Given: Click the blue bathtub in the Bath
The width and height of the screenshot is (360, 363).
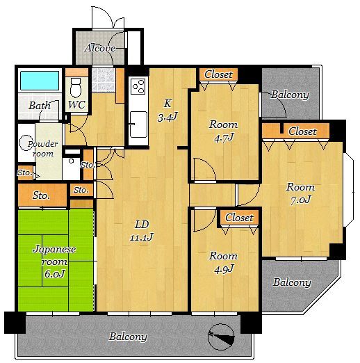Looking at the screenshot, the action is pyautogui.click(x=40, y=80).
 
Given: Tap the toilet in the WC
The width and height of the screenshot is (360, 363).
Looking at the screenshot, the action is pyautogui.click(x=76, y=88).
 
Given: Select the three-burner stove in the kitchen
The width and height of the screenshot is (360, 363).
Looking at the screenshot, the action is pyautogui.click(x=138, y=86).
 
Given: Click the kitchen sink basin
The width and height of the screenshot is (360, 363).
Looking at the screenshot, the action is pyautogui.click(x=138, y=124).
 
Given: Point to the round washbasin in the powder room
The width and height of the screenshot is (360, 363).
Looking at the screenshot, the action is pyautogui.click(x=26, y=143).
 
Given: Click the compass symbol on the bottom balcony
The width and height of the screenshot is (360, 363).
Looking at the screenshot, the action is pyautogui.click(x=221, y=337).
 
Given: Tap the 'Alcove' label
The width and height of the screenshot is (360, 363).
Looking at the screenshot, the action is pyautogui.click(x=100, y=48).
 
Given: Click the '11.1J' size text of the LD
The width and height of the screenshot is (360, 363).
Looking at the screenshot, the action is pyautogui.click(x=142, y=237).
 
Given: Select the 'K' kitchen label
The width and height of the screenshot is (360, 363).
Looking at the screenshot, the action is pyautogui.click(x=167, y=104).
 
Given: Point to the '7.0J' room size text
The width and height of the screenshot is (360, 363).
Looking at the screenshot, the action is pyautogui.click(x=300, y=200).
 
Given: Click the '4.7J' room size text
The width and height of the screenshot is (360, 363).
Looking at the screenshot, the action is pyautogui.click(x=223, y=138).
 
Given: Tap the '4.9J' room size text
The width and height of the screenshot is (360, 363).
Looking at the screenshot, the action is pyautogui.click(x=224, y=269).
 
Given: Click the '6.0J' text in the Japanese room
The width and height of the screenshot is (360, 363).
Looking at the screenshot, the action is pyautogui.click(x=54, y=274).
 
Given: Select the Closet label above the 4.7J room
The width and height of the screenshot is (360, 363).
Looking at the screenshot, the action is pyautogui.click(x=218, y=74).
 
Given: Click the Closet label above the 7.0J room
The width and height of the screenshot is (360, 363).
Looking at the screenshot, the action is pyautogui.click(x=302, y=131).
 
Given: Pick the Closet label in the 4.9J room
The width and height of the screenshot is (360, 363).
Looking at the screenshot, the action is pyautogui.click(x=239, y=218).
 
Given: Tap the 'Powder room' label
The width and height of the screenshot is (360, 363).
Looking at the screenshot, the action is pyautogui.click(x=43, y=149).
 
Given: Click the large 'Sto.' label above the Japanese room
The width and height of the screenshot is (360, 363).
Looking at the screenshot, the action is pyautogui.click(x=41, y=195).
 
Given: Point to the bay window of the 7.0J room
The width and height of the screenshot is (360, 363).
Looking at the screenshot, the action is pyautogui.click(x=349, y=190).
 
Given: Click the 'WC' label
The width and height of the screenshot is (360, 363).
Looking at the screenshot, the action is pyautogui.click(x=76, y=105).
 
